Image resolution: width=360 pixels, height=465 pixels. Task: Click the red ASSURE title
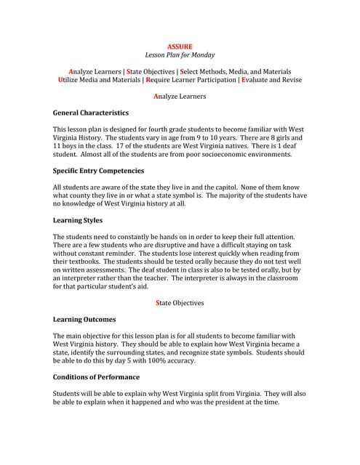pos(180,46)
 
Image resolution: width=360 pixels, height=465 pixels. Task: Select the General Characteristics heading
pos(91,113)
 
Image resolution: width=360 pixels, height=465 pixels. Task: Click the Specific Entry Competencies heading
pos(98,171)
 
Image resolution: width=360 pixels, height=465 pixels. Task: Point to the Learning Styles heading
pos(78,220)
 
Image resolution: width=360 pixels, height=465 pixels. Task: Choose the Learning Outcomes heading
pos(84,319)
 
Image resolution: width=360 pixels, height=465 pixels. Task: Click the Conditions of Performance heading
pos(96,377)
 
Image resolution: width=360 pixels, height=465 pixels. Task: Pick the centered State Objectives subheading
pos(180,302)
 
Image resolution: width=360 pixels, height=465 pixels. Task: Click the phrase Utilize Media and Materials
pos(100,81)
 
